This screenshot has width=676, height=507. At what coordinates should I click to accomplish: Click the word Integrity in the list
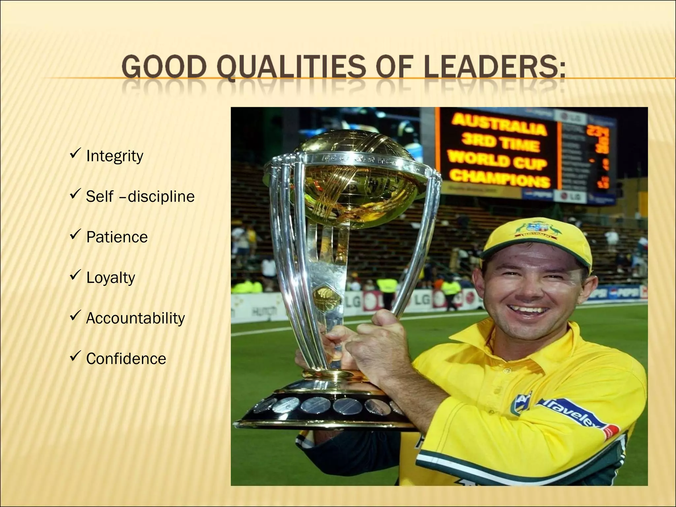tap(115, 156)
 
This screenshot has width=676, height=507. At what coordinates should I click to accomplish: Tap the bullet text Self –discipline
tap(140, 197)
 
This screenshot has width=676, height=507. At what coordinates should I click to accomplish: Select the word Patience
tap(117, 237)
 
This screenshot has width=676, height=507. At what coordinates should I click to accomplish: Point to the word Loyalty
tap(111, 278)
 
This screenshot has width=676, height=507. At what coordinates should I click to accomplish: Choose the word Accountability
tap(135, 318)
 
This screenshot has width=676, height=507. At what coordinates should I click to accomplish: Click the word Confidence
tap(126, 359)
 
